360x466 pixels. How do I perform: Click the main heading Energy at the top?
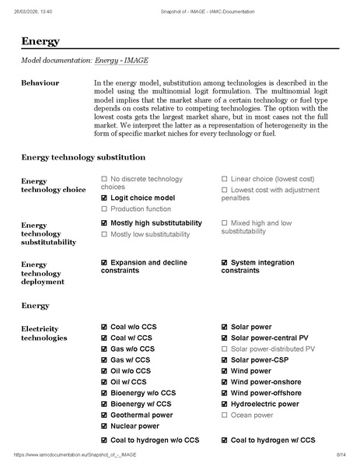[x=40, y=41]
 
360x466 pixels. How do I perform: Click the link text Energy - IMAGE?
[x=121, y=60]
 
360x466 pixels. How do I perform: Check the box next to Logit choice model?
[x=104, y=198]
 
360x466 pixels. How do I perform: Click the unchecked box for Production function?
[x=104, y=209]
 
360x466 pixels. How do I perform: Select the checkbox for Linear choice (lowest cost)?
[x=225, y=179]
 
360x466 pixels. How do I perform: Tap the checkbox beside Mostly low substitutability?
[x=104, y=234]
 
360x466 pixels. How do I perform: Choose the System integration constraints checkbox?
[x=225, y=263]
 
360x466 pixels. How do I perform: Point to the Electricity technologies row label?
[x=44, y=333]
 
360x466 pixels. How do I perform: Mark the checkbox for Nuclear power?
[x=104, y=426]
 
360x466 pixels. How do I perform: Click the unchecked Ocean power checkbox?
[x=225, y=415]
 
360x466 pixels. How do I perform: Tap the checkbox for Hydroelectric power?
[x=225, y=405]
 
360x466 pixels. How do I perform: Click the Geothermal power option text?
[x=142, y=415]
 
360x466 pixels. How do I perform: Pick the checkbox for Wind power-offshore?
[x=225, y=394]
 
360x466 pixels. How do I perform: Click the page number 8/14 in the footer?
[x=341, y=454]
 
